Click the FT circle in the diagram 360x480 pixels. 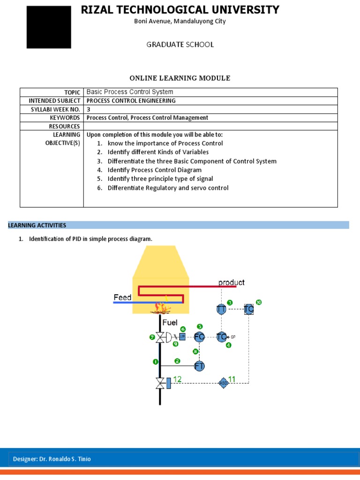pyautogui.click(x=200, y=366)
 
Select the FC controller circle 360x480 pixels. pyautogui.click(x=200, y=337)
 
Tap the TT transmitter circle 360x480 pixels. pyautogui.click(x=221, y=309)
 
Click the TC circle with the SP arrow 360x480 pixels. pyautogui.click(x=222, y=337)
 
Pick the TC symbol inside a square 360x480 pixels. pyautogui.click(x=249, y=309)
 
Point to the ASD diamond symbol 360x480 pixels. pyautogui.click(x=223, y=383)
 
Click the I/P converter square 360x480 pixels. pyautogui.click(x=182, y=337)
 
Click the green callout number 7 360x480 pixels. pyautogui.click(x=152, y=337)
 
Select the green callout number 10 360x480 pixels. pyautogui.click(x=258, y=302)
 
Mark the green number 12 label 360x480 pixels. pyautogui.click(x=178, y=379)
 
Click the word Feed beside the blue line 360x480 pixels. pyautogui.click(x=122, y=297)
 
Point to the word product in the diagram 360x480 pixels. pyautogui.click(x=232, y=282)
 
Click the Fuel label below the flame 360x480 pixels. pyautogui.click(x=170, y=322)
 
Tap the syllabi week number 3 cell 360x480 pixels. pyautogui.click(x=89, y=109)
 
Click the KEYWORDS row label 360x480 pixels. pyautogui.click(x=65, y=118)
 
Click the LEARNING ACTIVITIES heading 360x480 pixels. pyautogui.click(x=37, y=225)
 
